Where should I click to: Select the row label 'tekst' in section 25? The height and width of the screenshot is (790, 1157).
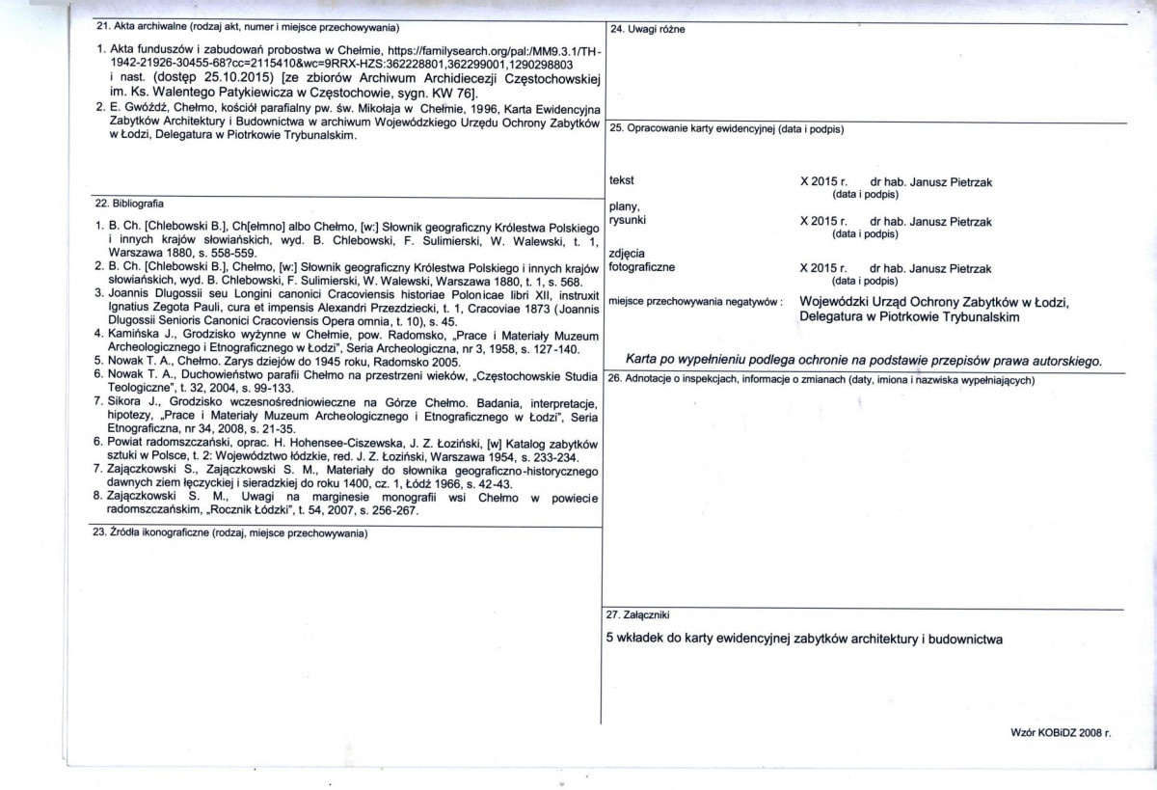click(x=622, y=180)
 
